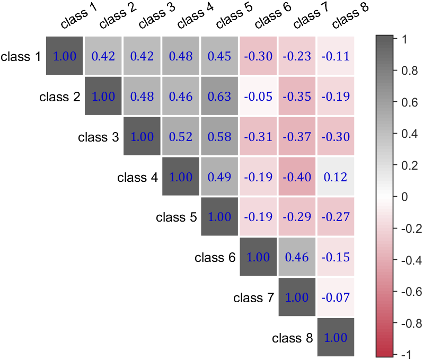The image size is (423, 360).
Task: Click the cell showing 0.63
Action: tap(219, 96)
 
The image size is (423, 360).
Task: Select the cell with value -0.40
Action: tap(297, 177)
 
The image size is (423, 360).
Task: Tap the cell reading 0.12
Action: tap(336, 177)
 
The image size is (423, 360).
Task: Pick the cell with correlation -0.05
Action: tap(258, 96)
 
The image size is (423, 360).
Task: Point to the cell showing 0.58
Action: tap(219, 136)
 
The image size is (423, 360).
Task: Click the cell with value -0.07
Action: tap(336, 297)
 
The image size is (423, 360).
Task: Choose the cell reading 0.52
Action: tap(181, 136)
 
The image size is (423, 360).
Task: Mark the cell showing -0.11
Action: tap(336, 56)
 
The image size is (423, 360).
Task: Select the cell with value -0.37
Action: tap(297, 136)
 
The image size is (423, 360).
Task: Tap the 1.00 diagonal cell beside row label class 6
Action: tap(258, 257)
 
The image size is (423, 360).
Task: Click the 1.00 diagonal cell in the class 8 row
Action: tap(336, 338)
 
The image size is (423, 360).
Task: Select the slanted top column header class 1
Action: tap(81, 16)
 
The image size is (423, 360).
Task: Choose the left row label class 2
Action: tap(60, 96)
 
